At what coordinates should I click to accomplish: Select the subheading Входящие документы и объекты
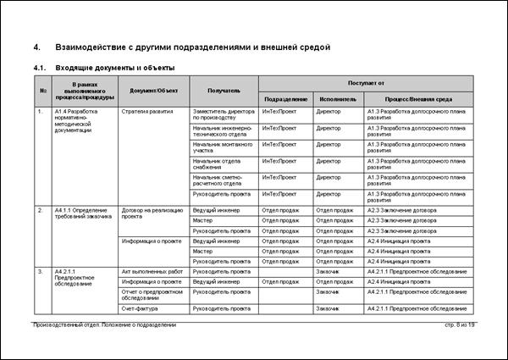[x=115, y=67]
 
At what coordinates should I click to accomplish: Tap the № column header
[x=42, y=91]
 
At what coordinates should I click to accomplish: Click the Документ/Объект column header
[x=154, y=91]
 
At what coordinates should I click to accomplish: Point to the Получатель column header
[x=224, y=91]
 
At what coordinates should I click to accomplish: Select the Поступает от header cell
[x=367, y=83]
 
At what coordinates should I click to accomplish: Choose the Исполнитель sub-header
[x=338, y=98]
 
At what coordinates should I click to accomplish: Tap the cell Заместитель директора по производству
[x=223, y=114]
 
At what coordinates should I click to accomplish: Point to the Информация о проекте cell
[x=152, y=241]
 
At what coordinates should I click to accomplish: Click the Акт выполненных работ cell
[x=152, y=271]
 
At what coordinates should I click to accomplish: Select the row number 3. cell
[x=41, y=271]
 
